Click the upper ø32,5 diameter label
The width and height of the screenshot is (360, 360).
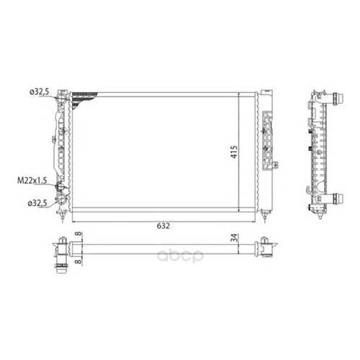tap(39, 91)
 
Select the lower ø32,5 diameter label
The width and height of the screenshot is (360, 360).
tap(37, 204)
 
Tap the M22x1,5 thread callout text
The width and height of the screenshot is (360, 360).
tap(32, 181)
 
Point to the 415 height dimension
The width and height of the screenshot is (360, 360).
tap(234, 152)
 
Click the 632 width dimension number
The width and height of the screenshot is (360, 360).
tap(163, 226)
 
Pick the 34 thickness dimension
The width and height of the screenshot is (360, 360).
tap(235, 238)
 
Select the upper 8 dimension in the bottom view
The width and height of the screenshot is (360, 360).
tap(78, 234)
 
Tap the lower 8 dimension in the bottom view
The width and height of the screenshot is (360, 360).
tap(78, 261)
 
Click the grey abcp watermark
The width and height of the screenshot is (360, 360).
tap(180, 256)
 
